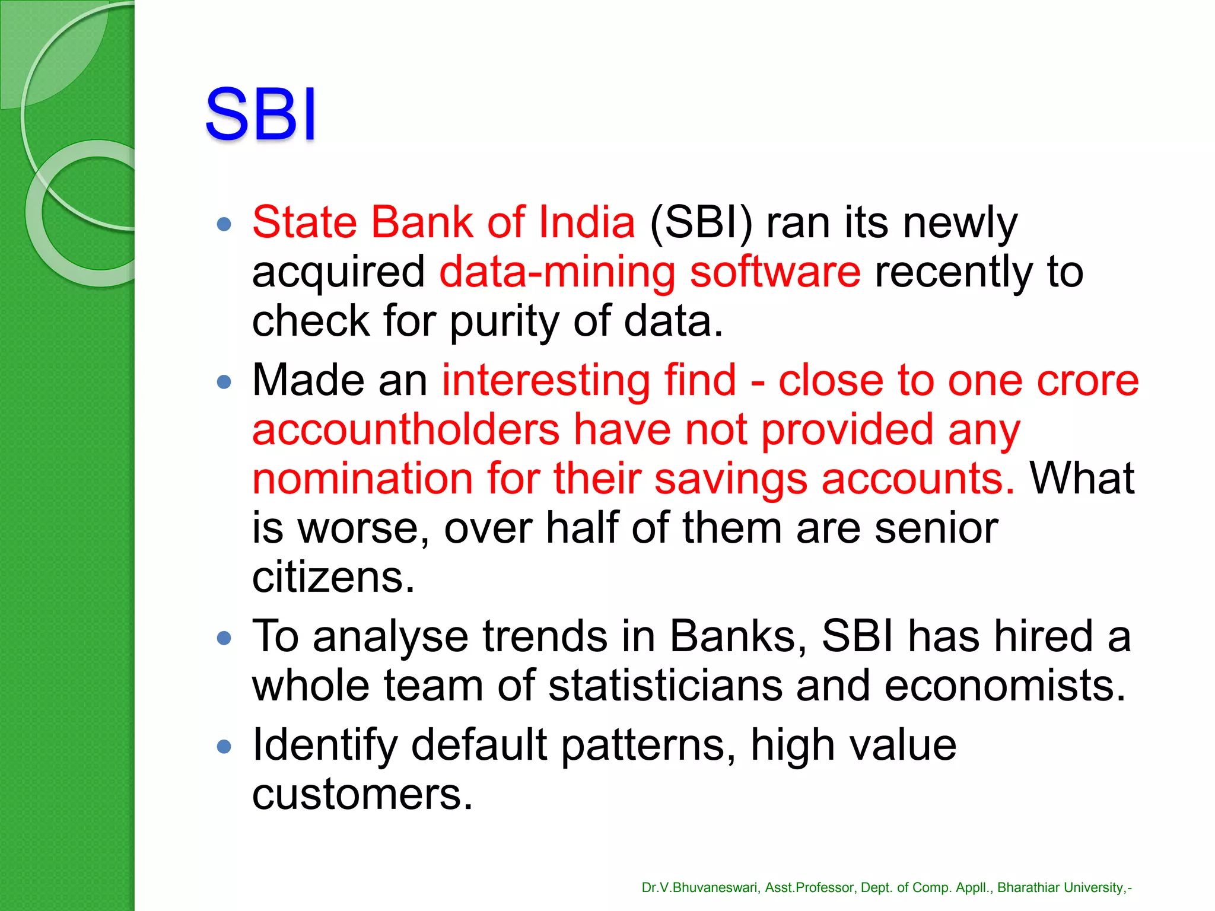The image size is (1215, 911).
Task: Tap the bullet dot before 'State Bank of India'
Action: pyautogui.click(x=224, y=224)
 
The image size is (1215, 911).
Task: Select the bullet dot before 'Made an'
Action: pyautogui.click(x=224, y=381)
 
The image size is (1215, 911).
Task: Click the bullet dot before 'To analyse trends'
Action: pyautogui.click(x=224, y=638)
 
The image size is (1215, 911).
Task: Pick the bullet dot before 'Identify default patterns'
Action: pyautogui.click(x=224, y=746)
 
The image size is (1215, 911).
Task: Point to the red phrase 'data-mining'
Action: pyautogui.click(x=557, y=272)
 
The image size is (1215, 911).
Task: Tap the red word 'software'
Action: pyautogui.click(x=775, y=272)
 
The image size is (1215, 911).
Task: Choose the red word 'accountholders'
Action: pyautogui.click(x=406, y=429)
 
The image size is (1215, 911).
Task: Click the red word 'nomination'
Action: pyautogui.click(x=362, y=479)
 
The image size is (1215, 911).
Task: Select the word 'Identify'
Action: pyautogui.click(x=325, y=746)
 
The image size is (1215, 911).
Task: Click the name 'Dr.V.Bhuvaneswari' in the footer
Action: pyautogui.click(x=700, y=888)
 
